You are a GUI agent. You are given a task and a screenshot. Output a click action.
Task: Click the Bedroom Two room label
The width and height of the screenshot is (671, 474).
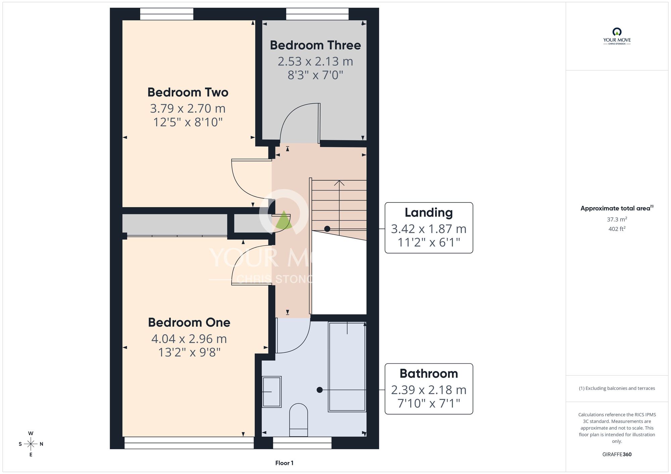[188, 92]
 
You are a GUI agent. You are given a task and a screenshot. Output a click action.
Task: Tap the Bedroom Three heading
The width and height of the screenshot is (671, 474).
[315, 45]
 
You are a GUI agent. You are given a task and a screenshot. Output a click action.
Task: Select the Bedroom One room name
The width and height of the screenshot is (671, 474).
[189, 322]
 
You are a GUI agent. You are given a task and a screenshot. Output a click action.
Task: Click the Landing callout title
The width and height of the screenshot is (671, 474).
[429, 213]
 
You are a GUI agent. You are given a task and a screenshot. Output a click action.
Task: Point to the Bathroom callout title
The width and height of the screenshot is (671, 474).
[429, 373]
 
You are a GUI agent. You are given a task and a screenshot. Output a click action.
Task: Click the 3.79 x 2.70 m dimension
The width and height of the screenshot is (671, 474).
[188, 108]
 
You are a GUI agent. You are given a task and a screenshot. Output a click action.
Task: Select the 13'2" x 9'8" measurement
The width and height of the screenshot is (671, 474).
[189, 352]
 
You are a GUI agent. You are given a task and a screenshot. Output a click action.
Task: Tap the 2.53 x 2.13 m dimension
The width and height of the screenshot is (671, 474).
[315, 61]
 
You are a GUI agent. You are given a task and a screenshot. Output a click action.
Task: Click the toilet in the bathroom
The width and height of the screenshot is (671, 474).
[299, 420]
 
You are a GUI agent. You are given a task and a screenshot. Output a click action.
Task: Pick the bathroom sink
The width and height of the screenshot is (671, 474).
[271, 392]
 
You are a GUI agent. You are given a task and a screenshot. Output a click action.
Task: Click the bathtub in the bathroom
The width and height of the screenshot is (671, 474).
[347, 367]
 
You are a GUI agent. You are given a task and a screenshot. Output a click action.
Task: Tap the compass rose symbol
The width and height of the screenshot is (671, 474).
[31, 444]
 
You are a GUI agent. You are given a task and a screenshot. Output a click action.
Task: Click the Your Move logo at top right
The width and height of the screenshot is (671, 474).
[617, 36]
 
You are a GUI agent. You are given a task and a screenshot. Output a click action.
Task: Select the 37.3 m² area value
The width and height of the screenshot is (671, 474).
[617, 219]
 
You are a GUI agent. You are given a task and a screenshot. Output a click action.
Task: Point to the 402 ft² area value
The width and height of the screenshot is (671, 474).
[617, 229]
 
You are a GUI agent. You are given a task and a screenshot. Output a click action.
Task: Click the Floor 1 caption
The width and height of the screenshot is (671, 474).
[284, 463]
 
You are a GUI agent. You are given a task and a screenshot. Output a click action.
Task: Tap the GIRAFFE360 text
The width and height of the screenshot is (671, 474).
[617, 455]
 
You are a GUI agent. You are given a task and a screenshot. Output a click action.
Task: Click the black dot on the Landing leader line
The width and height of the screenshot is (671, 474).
[327, 229]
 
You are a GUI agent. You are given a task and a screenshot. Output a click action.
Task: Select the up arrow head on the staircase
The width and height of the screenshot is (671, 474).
[339, 183]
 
